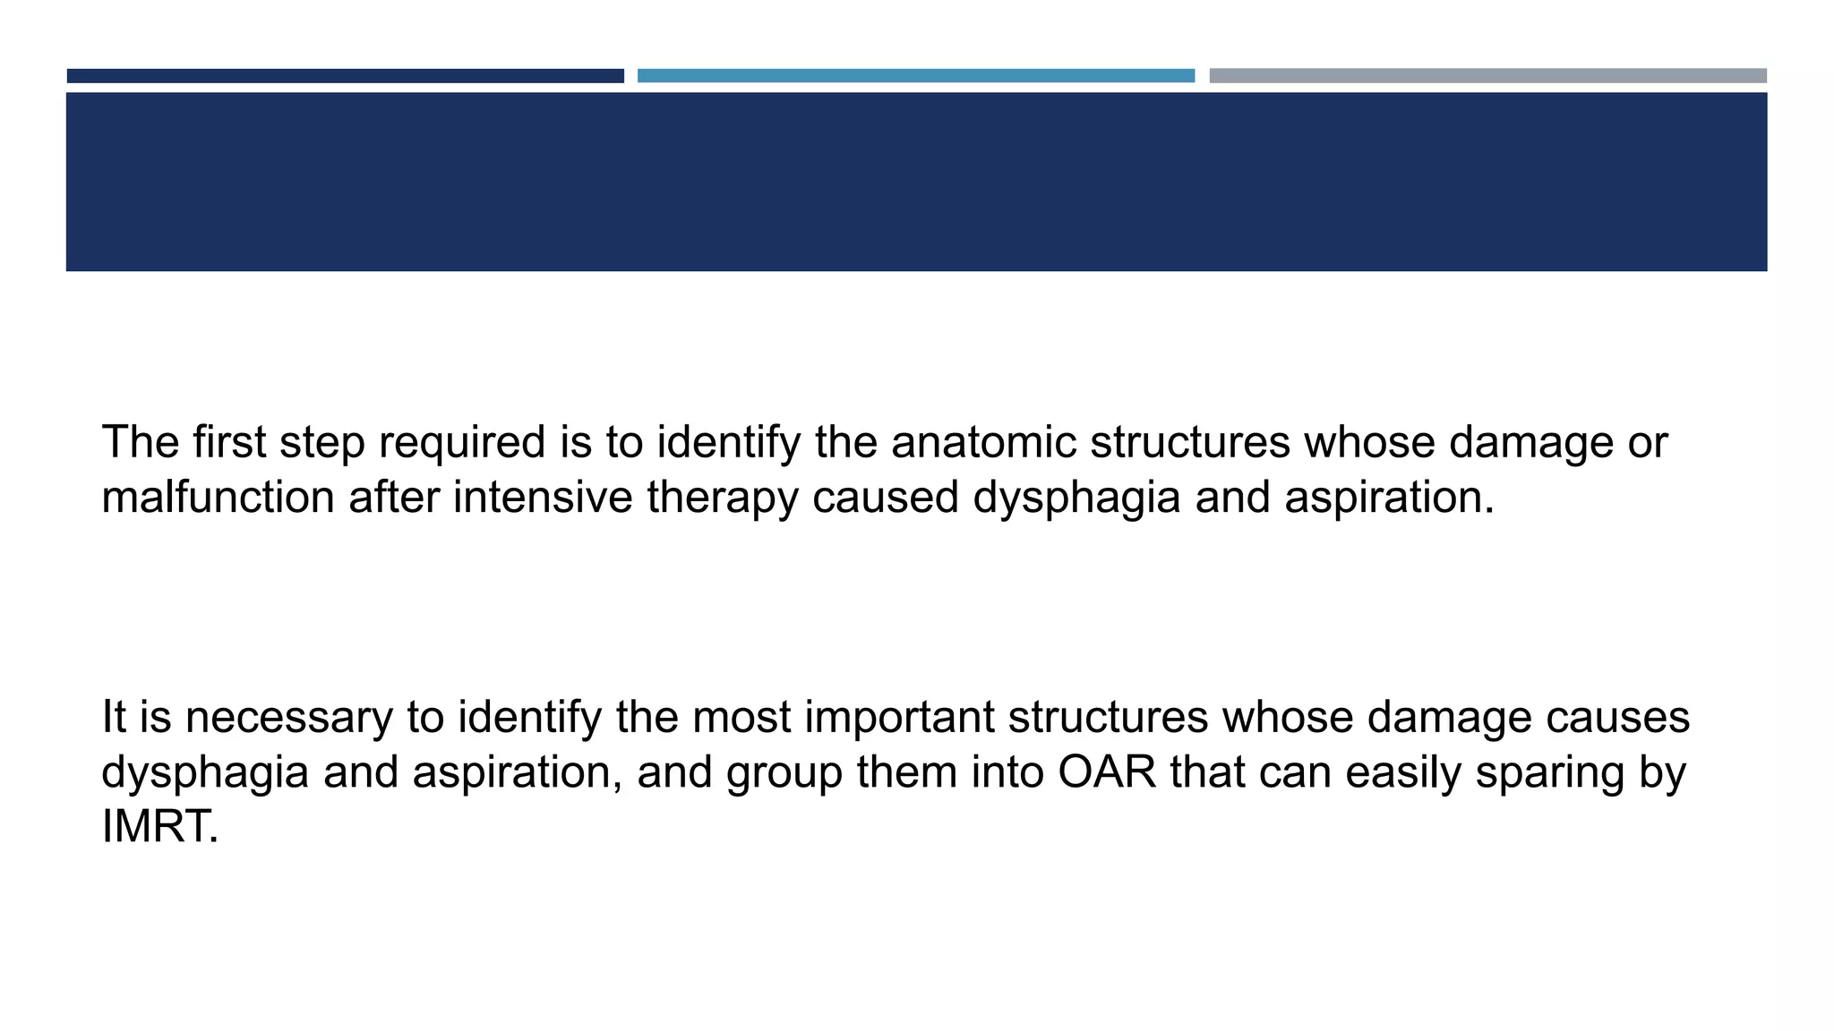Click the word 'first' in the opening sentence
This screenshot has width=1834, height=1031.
click(x=228, y=442)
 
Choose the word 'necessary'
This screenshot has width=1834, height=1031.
click(x=288, y=718)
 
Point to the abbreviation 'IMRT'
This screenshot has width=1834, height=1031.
click(x=159, y=827)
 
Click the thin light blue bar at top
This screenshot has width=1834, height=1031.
click(x=915, y=76)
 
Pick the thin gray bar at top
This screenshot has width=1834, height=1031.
click(x=1487, y=76)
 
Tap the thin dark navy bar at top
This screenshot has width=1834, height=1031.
click(x=345, y=76)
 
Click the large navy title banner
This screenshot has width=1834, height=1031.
click(x=916, y=182)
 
